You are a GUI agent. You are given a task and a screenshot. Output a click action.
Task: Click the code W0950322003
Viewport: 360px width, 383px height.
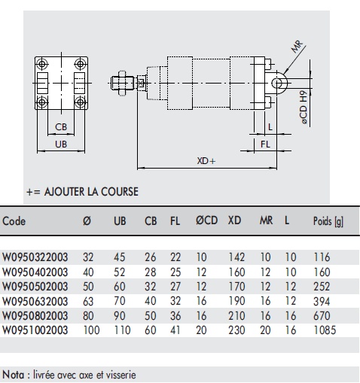[35, 257]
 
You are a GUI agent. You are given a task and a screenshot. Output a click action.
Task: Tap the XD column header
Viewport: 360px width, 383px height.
[235, 221]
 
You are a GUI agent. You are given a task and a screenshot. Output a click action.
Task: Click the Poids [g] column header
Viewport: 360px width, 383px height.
[329, 221]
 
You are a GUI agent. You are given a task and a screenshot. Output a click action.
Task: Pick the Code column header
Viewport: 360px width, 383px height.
[14, 221]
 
